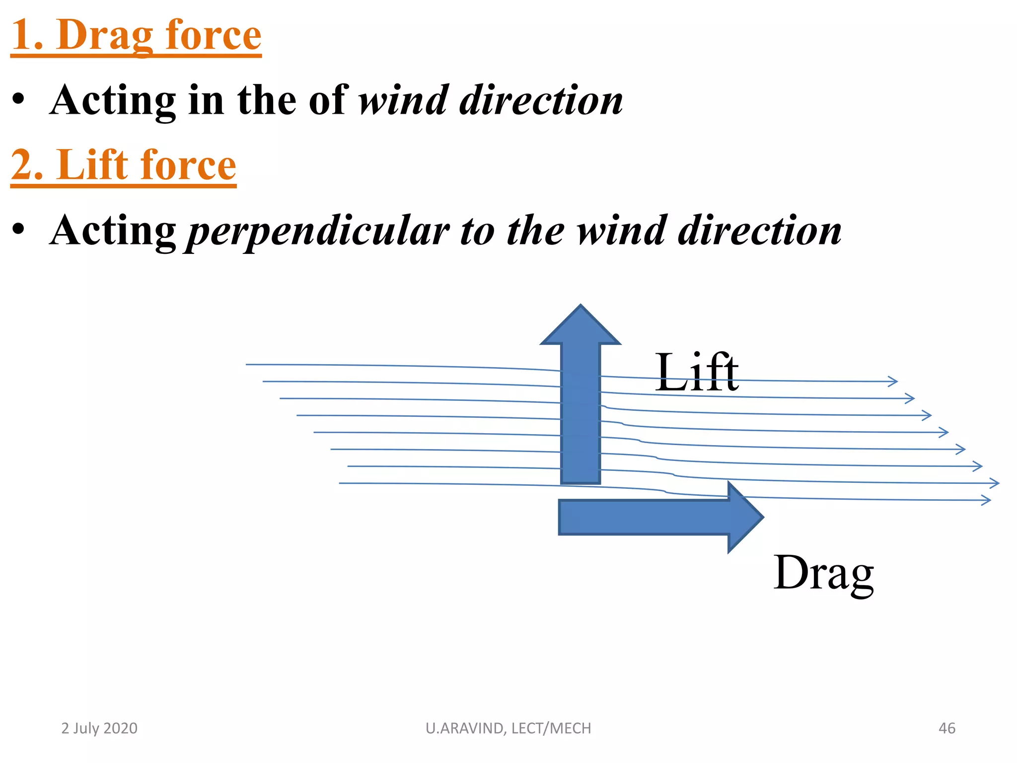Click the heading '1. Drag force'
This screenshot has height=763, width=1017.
(136, 36)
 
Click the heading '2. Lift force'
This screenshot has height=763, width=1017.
(123, 165)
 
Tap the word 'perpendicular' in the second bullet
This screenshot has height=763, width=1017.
(318, 231)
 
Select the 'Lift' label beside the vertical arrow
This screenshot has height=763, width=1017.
(696, 373)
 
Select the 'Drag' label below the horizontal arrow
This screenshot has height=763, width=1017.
(823, 573)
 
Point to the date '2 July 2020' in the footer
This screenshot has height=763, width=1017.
(99, 728)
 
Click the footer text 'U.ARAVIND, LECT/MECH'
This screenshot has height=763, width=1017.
(508, 728)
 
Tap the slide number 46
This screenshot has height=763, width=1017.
(946, 728)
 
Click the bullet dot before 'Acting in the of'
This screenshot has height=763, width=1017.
(18, 99)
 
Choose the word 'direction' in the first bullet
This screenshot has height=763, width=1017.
(541, 100)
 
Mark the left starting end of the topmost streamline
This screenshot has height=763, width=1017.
(247, 365)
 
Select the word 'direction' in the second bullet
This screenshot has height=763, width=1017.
(760, 230)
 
